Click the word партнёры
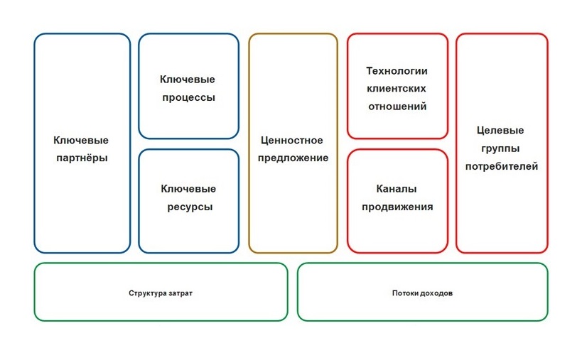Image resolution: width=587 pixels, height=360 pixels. pos(82,158)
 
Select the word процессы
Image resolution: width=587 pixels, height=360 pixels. pos(189,98)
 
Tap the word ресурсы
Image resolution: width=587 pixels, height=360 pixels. pos(190,207)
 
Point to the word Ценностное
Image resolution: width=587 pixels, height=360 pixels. pos(291,141)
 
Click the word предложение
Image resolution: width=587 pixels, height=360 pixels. pos(293,158)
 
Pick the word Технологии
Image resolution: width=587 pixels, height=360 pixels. pos(397,71)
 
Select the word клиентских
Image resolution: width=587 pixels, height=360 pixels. pos(397,89)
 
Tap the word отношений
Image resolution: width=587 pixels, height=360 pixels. pos(397,107)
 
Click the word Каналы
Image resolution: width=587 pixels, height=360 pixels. pos(397,189)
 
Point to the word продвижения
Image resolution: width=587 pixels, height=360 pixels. pos(397,207)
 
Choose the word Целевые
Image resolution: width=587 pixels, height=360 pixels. pos(500,131)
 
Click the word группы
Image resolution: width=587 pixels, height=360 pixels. pos(500,149)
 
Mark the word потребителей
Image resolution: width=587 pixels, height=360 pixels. pos(502,167)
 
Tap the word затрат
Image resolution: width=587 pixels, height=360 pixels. pos(181,293)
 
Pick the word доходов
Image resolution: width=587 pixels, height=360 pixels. pos(438,293)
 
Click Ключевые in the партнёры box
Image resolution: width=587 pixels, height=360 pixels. pos(81,141)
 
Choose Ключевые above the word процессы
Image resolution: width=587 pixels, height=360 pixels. pos(187,80)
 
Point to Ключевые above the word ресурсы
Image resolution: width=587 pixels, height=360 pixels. pos(188,189)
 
